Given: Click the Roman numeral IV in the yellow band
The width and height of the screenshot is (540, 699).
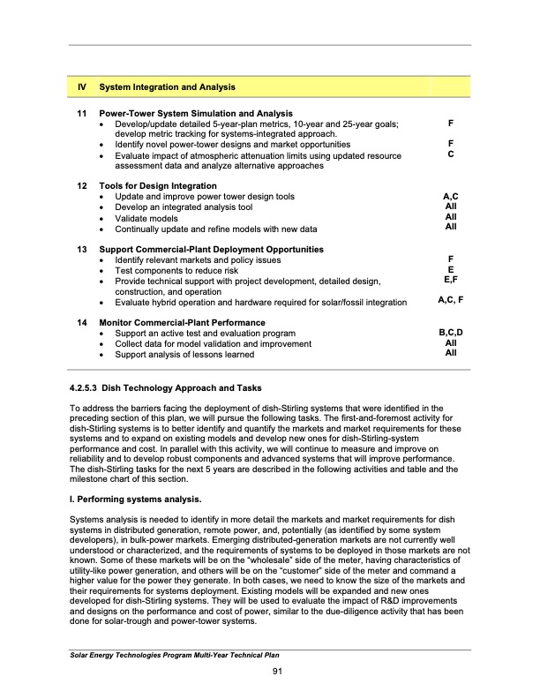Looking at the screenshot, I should (81, 87).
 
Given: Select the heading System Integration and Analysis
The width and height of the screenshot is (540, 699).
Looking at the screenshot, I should (167, 87).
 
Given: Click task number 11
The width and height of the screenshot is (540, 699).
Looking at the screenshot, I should (81, 114).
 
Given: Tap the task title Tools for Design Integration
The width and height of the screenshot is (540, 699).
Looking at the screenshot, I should (158, 186).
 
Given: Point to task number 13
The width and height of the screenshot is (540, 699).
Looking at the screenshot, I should (81, 250).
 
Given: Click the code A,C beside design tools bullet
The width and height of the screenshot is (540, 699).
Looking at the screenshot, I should (451, 196).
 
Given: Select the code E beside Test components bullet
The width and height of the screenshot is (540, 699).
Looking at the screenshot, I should (451, 269).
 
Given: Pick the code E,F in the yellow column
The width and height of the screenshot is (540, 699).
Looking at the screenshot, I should (451, 280).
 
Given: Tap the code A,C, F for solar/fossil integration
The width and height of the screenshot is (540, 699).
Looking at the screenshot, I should (451, 301).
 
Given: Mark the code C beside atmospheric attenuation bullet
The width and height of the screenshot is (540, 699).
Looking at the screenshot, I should (451, 154).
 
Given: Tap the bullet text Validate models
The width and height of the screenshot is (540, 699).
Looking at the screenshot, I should (146, 218).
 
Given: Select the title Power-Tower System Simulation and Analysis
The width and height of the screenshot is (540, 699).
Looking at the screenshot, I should (195, 114).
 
